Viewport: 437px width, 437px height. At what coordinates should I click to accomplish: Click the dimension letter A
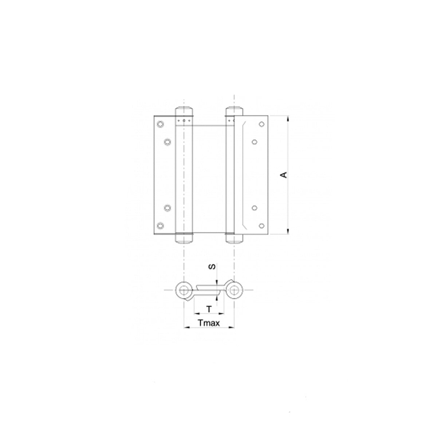click(x=284, y=175)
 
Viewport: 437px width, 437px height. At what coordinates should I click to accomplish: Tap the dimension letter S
click(x=212, y=267)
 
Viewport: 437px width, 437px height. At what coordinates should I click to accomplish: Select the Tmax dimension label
click(x=209, y=323)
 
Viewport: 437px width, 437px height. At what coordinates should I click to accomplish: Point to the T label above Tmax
click(x=209, y=309)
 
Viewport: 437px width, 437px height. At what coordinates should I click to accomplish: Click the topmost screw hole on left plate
click(x=160, y=124)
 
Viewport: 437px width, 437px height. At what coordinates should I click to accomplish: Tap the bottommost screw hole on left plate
click(x=160, y=226)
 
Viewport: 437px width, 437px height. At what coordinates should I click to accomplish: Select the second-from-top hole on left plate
click(x=168, y=142)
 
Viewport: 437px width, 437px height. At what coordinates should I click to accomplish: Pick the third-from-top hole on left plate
click(x=168, y=208)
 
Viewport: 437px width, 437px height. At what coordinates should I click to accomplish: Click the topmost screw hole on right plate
click(x=261, y=124)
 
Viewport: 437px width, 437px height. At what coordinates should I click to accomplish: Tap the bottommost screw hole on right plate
click(x=261, y=226)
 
